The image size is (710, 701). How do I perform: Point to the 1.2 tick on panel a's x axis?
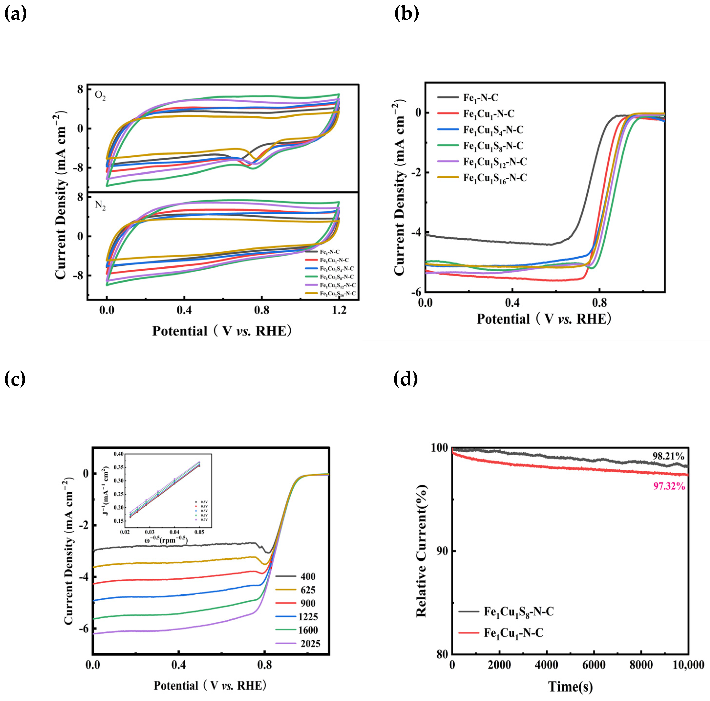[x=339, y=310]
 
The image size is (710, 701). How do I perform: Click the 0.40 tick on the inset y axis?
[x=118, y=454]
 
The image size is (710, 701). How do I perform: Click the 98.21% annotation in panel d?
[x=668, y=456]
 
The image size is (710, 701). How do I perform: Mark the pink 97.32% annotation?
[x=669, y=486]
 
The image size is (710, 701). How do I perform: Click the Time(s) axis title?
[x=570, y=686]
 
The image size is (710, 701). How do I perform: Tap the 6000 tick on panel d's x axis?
[x=594, y=665]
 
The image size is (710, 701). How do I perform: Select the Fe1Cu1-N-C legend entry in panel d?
[x=513, y=633]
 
